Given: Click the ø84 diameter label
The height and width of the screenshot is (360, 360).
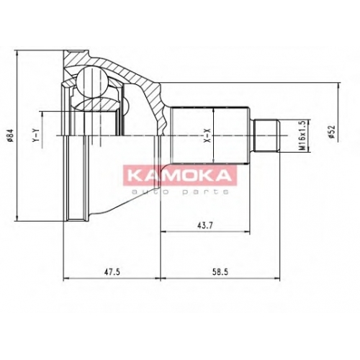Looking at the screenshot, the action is click(10, 136).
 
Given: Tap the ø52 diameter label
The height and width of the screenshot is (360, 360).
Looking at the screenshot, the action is click(332, 132).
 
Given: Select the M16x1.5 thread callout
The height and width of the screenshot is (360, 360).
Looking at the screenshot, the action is click(303, 135).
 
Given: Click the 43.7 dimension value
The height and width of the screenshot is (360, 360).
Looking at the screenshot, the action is click(205, 225).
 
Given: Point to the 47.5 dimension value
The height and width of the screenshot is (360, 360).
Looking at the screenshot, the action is click(112, 272).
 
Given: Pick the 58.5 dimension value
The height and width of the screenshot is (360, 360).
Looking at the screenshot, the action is click(220, 272).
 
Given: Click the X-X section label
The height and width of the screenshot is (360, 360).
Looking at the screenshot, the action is click(207, 135).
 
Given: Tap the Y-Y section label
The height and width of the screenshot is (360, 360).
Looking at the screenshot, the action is click(36, 135).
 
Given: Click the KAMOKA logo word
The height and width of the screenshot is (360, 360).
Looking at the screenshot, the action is click(179, 176).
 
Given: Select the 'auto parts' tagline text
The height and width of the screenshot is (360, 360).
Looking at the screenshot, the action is click(180, 192).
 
